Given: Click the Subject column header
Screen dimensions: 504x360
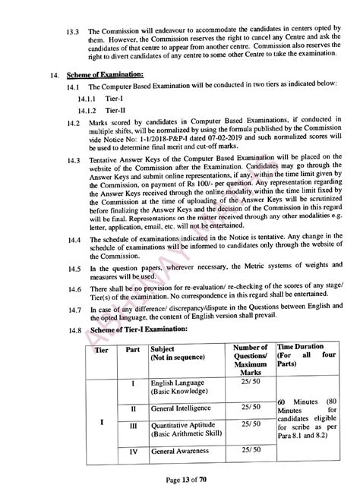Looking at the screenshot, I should tap(172, 351).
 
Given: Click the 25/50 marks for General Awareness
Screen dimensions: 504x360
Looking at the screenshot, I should tap(249, 452).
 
